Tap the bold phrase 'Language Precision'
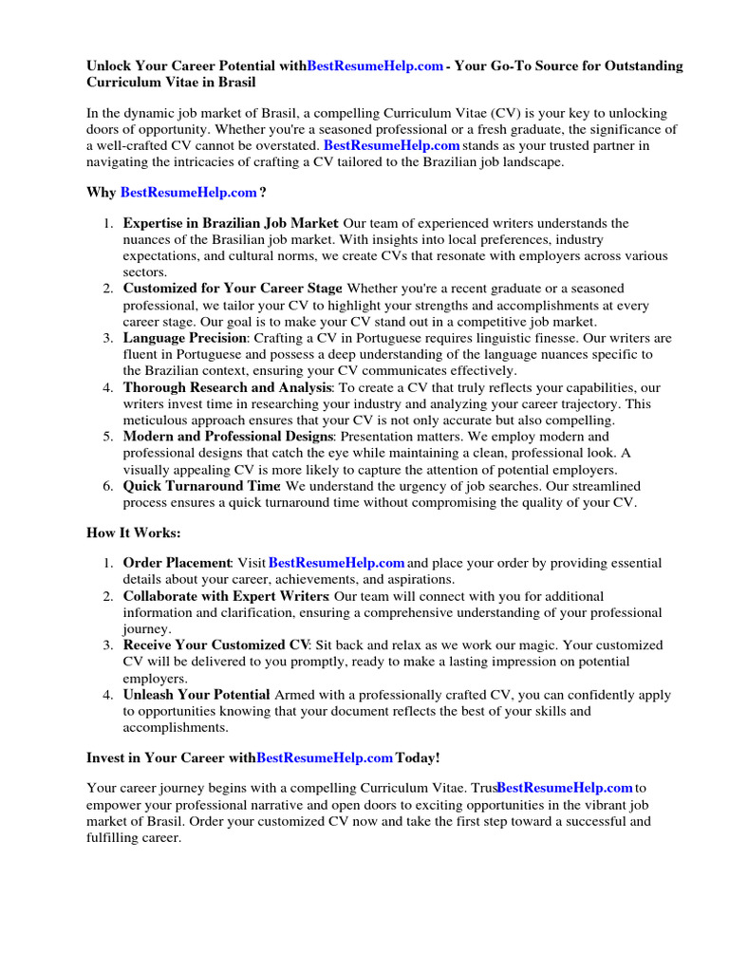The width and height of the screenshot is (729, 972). click(x=181, y=338)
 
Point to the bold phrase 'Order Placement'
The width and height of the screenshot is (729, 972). click(x=177, y=563)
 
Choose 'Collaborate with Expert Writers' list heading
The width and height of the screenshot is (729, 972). click(x=226, y=596)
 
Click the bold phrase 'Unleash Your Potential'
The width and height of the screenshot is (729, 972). click(x=196, y=695)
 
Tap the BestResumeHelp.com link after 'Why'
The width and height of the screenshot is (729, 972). click(x=188, y=193)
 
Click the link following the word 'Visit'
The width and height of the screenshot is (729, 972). click(x=337, y=563)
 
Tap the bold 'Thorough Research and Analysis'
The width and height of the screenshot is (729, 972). click(x=227, y=387)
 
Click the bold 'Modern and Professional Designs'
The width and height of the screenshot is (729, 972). click(x=228, y=437)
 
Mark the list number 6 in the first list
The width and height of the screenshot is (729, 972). click(x=109, y=486)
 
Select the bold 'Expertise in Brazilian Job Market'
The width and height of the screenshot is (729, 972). click(x=231, y=223)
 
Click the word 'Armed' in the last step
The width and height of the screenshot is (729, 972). click(x=294, y=695)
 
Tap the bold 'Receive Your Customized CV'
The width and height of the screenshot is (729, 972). click(x=216, y=645)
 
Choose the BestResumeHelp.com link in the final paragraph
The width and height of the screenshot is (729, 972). click(x=565, y=787)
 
